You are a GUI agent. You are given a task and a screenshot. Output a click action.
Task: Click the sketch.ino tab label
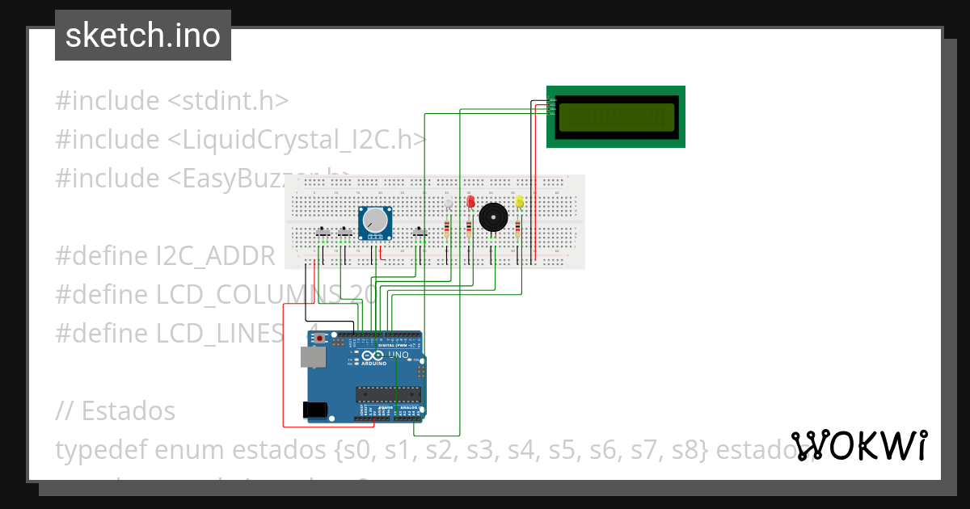point(142,36)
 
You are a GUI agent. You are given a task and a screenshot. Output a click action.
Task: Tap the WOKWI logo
point(858,445)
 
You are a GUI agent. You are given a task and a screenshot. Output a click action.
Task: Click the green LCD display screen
point(616,117)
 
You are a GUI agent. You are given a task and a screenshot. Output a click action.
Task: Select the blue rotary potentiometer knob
point(375,221)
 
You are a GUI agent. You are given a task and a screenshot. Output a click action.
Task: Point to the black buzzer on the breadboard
point(493,217)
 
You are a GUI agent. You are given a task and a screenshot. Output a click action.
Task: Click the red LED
point(470,202)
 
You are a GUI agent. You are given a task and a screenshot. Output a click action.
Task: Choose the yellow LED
point(519,201)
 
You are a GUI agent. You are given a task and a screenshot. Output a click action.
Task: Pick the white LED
point(449,202)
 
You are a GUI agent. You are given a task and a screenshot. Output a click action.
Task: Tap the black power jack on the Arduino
point(316,410)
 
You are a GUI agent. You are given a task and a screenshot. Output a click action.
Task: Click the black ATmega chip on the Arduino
point(388,394)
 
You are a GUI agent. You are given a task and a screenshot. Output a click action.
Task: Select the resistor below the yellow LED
point(517,231)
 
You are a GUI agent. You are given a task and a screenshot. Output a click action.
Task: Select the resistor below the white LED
point(447,231)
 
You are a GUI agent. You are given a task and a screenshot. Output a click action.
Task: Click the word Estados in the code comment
point(128,410)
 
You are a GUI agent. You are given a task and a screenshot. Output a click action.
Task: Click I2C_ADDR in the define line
point(216,256)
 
